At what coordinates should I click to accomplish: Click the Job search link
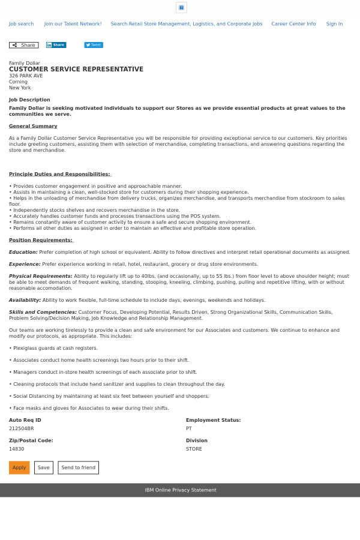click(x=21, y=24)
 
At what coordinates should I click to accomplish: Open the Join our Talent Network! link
click(x=73, y=24)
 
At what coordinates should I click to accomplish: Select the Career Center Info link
click(x=293, y=24)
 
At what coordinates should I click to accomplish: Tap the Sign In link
click(x=334, y=24)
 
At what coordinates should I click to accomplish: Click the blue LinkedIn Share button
click(x=56, y=45)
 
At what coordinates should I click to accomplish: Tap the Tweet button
click(x=94, y=45)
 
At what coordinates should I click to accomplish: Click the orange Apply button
click(x=19, y=467)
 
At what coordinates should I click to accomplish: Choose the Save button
click(x=44, y=467)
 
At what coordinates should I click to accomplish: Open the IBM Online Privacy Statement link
click(x=180, y=490)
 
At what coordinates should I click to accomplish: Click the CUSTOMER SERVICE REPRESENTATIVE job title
click(x=76, y=70)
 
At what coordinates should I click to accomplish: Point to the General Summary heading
click(x=33, y=126)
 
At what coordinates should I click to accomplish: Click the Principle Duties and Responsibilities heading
click(x=59, y=174)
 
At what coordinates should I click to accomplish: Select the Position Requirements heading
click(x=40, y=240)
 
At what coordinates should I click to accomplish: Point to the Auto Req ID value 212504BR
click(x=22, y=428)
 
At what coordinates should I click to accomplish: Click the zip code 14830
click(x=17, y=449)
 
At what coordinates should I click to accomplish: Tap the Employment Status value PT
click(x=189, y=428)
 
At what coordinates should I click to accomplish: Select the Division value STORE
click(x=194, y=449)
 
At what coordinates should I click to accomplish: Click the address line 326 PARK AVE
click(x=26, y=76)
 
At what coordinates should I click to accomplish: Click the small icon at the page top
click(x=181, y=7)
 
